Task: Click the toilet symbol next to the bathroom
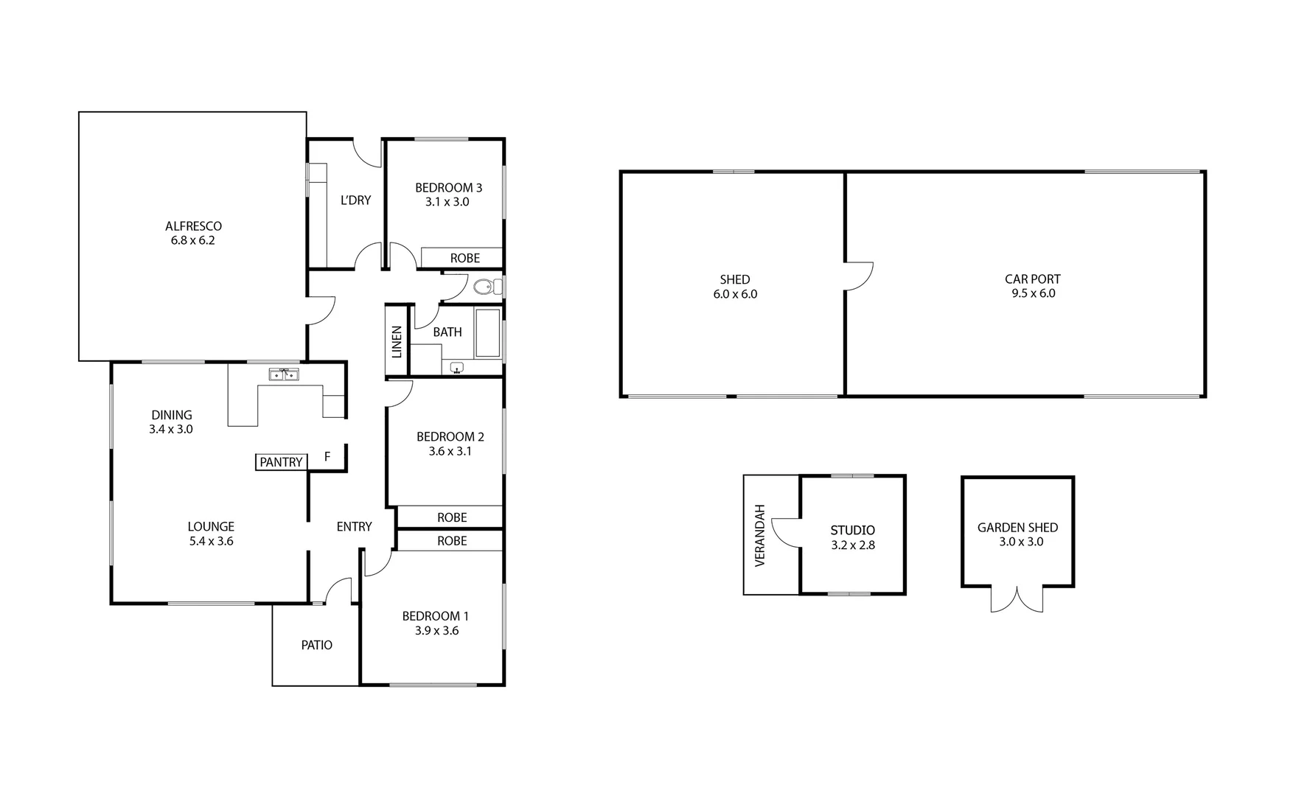click(x=484, y=287)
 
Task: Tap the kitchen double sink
click(x=284, y=374)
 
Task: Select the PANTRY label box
click(x=281, y=462)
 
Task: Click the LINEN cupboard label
click(x=397, y=341)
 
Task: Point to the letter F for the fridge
click(x=327, y=457)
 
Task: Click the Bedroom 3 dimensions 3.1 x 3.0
click(x=447, y=202)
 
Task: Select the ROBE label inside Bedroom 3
click(x=464, y=258)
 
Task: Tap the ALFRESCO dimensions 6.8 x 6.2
click(x=192, y=240)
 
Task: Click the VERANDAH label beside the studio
click(x=761, y=535)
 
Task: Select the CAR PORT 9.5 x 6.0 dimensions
click(x=1033, y=293)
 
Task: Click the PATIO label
click(x=316, y=645)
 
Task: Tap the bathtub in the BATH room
click(x=487, y=332)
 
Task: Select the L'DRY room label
click(x=355, y=200)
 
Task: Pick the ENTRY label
click(x=354, y=526)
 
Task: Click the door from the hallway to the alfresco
click(x=321, y=310)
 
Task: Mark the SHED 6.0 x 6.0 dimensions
click(x=734, y=294)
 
